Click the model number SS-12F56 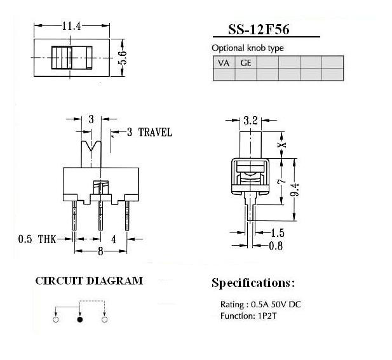click(x=259, y=29)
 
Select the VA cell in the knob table click(x=224, y=62)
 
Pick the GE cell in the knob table click(x=246, y=62)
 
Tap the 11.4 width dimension click(x=72, y=26)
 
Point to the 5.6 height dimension click(x=122, y=58)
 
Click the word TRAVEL click(x=155, y=133)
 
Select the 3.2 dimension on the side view click(x=250, y=121)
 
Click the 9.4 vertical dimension click(x=295, y=190)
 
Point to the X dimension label click(x=283, y=145)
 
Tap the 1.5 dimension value click(x=278, y=233)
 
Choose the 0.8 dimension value click(x=276, y=246)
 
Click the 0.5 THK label click(x=37, y=239)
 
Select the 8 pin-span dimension click(x=100, y=251)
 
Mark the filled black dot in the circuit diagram click(x=80, y=319)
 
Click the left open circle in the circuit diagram click(x=56, y=319)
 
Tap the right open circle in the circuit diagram click(x=104, y=319)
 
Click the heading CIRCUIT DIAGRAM click(x=89, y=281)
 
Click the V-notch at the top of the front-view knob click(x=91, y=146)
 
